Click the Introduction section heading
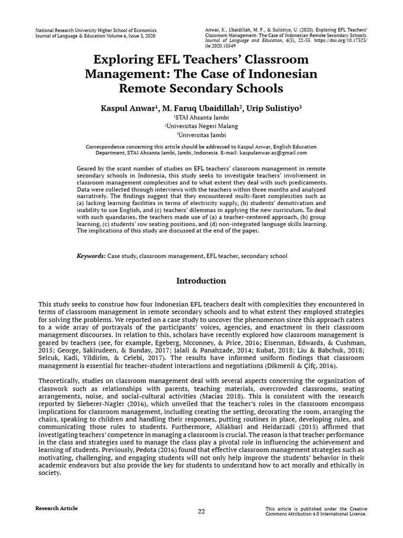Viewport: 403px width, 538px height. click(201, 281)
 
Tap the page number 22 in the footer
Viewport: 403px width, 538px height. click(201, 511)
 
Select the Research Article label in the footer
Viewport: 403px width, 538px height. click(56, 508)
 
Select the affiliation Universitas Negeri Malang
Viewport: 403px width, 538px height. click(201, 126)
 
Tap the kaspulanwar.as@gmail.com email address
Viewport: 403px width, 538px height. click(273, 153)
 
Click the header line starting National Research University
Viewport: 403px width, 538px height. click(96, 30)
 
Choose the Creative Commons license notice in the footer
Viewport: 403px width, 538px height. click(315, 511)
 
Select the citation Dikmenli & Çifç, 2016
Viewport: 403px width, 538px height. click(292, 366)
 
